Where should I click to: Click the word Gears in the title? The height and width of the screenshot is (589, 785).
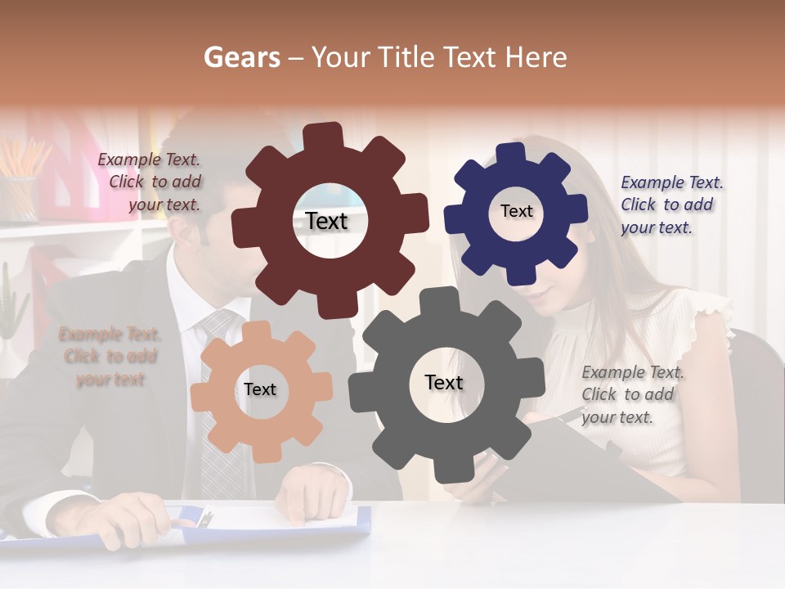point(241,57)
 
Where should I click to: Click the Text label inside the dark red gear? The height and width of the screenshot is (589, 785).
point(326,221)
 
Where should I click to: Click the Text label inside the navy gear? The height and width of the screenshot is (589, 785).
point(516,211)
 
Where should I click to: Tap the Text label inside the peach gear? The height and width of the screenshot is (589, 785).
point(260,389)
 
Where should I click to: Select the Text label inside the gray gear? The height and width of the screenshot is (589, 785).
point(444,382)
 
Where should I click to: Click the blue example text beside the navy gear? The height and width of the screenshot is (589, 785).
point(671,205)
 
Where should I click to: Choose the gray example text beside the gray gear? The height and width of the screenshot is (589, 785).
point(632,394)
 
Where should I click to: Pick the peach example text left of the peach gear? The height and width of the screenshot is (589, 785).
point(110,357)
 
